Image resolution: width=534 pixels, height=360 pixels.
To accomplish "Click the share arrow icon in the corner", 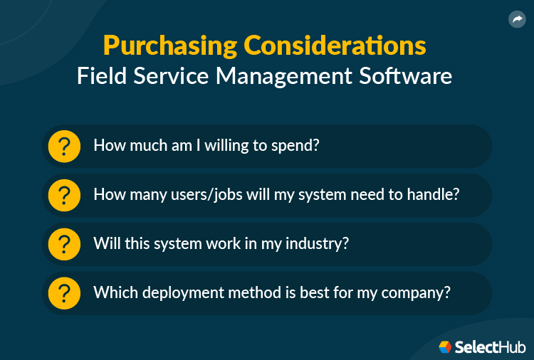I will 517,20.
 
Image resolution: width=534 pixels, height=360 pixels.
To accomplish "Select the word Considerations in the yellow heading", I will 335,46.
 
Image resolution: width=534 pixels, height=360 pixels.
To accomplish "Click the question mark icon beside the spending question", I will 64,147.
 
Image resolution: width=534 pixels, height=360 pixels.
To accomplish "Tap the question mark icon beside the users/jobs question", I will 64,195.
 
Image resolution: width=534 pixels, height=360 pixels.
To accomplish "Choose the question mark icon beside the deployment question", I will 64,292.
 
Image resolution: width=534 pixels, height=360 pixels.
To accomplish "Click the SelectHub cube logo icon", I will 445,346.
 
